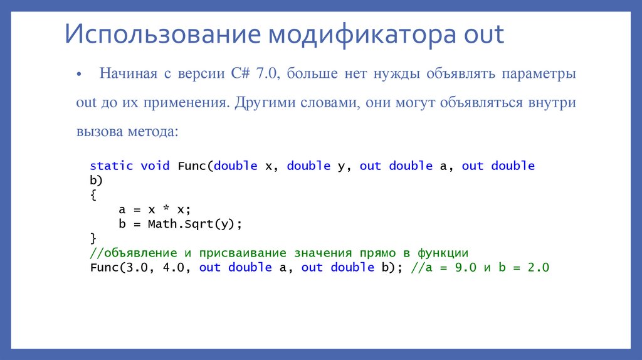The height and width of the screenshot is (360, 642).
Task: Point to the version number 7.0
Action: (x=266, y=73)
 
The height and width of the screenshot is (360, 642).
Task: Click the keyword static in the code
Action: (x=112, y=166)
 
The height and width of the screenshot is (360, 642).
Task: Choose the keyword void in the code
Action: (x=155, y=166)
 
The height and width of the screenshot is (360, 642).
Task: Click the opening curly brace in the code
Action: (x=93, y=195)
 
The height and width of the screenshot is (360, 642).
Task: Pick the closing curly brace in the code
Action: (x=93, y=238)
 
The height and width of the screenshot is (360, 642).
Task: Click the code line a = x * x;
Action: (x=154, y=209)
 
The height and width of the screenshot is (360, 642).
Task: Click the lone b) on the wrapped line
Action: (x=96, y=181)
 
